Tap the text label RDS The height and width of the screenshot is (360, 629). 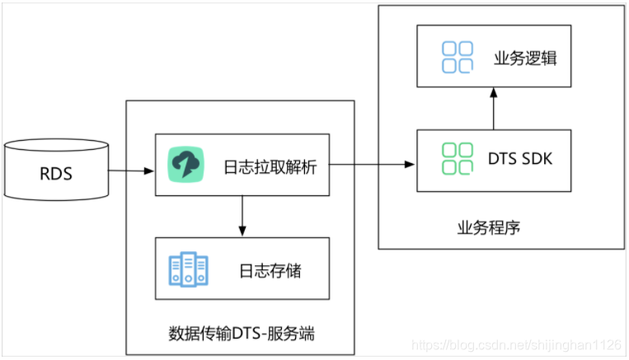[x=57, y=175]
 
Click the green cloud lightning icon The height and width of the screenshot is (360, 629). [x=185, y=165]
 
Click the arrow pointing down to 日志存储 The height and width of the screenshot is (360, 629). [x=242, y=215]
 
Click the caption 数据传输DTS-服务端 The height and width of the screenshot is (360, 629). [x=241, y=334]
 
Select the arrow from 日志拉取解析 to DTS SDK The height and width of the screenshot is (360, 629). [x=371, y=165]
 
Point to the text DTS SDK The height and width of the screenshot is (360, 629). [x=519, y=158]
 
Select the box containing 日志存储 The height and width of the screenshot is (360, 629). [x=242, y=269]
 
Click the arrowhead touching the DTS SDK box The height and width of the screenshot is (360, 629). [x=411, y=165]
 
